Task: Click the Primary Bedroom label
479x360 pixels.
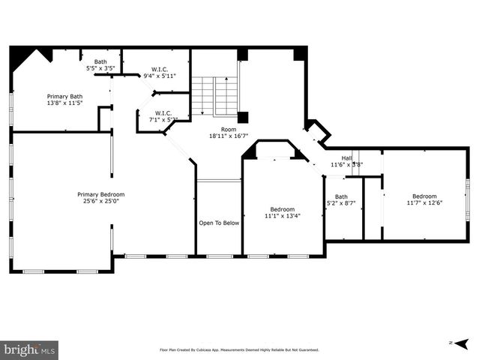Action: click(101, 194)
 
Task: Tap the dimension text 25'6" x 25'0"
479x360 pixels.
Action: click(101, 201)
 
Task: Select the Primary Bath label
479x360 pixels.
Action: click(64, 96)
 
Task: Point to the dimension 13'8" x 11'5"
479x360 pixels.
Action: click(64, 103)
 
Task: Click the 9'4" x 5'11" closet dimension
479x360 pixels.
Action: click(159, 75)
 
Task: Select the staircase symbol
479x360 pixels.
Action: click(214, 96)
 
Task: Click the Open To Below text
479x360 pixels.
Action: click(219, 223)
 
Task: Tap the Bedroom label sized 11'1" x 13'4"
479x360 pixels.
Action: click(283, 209)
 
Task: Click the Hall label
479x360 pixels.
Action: click(347, 158)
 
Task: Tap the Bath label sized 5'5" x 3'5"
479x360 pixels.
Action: click(100, 61)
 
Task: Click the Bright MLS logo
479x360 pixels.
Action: click(29, 349)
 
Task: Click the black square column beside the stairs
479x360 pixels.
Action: click(243, 117)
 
